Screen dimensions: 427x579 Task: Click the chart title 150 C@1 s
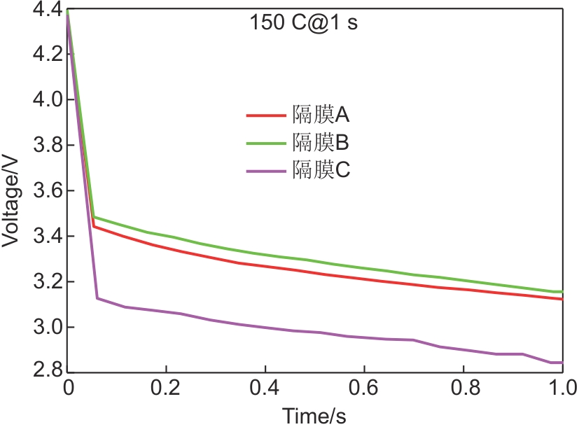[x=304, y=22]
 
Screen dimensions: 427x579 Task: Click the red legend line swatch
[x=266, y=115]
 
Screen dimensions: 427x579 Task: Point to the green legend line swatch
[x=266, y=143]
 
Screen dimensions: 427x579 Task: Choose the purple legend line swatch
[x=266, y=171]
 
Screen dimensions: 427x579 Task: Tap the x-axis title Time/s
[x=314, y=416]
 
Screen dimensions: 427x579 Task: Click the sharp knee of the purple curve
[x=97, y=298]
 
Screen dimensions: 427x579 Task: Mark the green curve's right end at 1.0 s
[x=561, y=292]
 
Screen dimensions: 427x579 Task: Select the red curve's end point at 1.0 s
[x=561, y=299]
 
